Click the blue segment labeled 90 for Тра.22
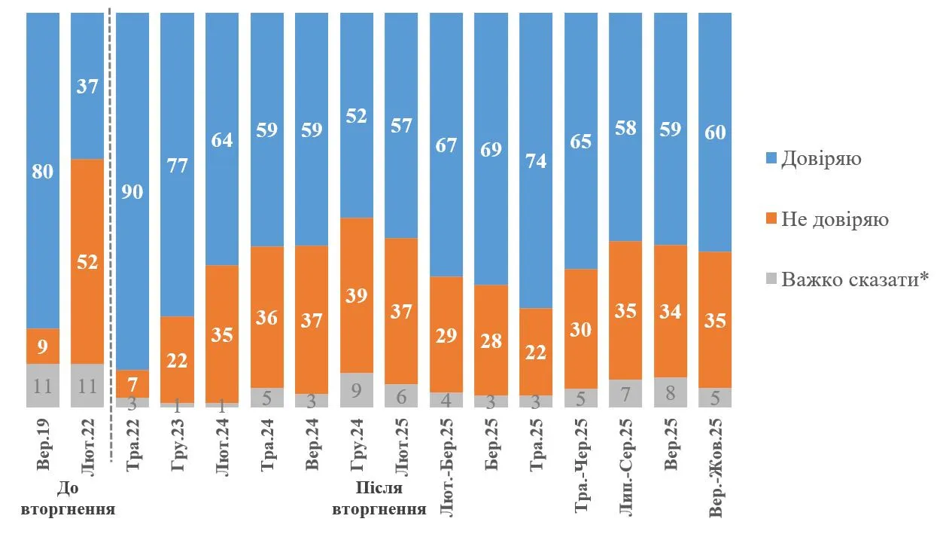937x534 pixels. (x=132, y=191)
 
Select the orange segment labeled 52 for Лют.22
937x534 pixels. (x=87, y=261)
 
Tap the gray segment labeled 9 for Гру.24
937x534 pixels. (x=357, y=389)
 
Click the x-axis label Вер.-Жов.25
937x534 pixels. (x=716, y=468)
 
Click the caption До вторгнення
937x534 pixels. (x=68, y=501)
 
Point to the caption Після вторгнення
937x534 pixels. (x=379, y=501)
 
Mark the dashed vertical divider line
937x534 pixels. (x=111, y=226)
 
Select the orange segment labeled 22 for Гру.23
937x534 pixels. (x=178, y=359)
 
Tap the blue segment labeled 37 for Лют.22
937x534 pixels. (x=87, y=86)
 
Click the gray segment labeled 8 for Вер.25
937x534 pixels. (x=671, y=392)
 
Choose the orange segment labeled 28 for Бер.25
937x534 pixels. (x=491, y=340)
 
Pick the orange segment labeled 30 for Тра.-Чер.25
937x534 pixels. (x=581, y=329)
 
